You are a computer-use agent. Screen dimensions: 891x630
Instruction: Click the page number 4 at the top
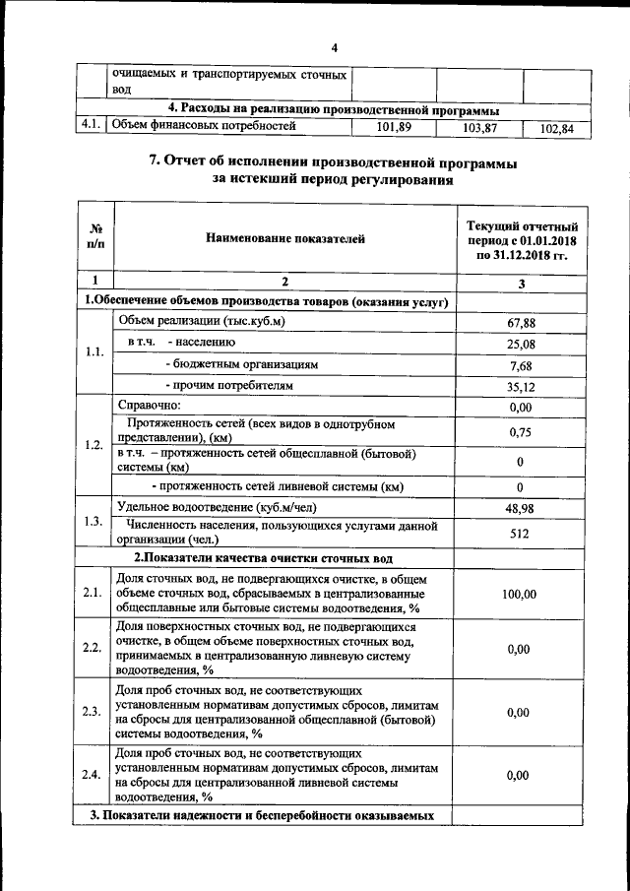click(334, 47)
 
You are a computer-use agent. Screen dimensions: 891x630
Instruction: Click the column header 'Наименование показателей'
click(285, 238)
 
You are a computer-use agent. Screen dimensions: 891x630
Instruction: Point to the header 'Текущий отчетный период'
click(521, 239)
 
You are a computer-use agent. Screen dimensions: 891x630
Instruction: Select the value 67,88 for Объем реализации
click(519, 322)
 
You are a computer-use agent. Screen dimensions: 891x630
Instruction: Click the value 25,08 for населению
click(519, 344)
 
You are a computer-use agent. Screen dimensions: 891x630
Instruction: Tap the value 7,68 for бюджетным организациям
click(519, 364)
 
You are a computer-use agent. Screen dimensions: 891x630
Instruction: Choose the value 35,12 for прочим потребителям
click(519, 386)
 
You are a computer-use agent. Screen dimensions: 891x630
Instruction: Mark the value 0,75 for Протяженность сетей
click(519, 432)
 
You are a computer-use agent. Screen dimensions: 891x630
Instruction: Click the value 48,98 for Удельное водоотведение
click(519, 508)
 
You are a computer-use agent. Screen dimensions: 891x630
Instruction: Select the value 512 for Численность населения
click(520, 534)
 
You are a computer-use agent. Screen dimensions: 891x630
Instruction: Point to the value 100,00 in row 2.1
click(519, 595)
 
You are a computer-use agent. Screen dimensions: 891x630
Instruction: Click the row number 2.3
click(94, 712)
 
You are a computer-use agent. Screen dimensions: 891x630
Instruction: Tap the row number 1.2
click(94, 445)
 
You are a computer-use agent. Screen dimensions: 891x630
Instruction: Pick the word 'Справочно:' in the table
click(150, 406)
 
